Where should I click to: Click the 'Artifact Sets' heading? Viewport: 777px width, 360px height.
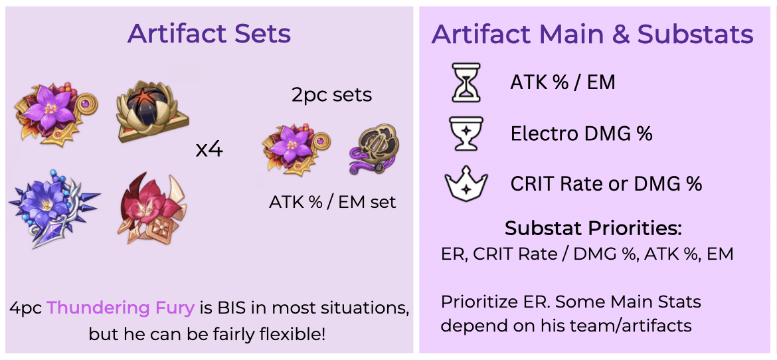(209, 34)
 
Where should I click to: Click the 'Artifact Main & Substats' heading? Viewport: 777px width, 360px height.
(592, 34)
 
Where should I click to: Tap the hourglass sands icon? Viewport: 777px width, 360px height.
(466, 84)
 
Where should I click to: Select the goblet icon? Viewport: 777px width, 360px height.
(466, 134)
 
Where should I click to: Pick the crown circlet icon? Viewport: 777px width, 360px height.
(466, 183)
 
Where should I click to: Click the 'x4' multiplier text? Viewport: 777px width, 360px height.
(209, 149)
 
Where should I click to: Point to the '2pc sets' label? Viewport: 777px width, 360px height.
(331, 95)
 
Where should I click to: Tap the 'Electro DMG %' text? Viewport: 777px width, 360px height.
(581, 134)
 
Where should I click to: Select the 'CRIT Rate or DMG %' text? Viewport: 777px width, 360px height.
(606, 183)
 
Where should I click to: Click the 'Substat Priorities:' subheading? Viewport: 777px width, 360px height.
(593, 228)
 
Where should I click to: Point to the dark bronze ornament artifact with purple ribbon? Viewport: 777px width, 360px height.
(368, 149)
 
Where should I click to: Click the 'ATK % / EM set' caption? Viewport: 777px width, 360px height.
(332, 202)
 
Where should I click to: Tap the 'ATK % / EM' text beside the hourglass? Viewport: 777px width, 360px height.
(562, 82)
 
